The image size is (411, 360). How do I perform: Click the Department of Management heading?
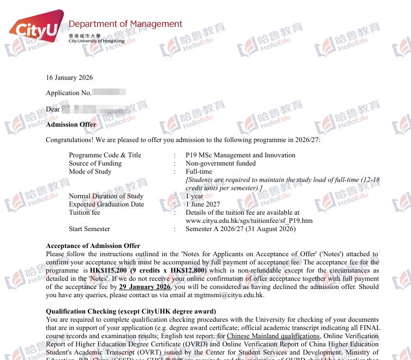pyautogui.click(x=125, y=24)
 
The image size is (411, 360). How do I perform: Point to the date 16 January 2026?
pyautogui.click(x=69, y=78)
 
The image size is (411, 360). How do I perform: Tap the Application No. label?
pyautogui.click(x=68, y=93)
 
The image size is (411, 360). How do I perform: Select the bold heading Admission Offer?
pyautogui.click(x=71, y=125)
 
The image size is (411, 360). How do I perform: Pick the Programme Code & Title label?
pyautogui.click(x=105, y=155)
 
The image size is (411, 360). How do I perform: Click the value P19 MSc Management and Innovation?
pyautogui.click(x=240, y=155)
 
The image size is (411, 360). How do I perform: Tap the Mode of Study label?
pyautogui.click(x=90, y=172)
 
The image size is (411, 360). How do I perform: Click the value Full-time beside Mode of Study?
pyautogui.click(x=199, y=172)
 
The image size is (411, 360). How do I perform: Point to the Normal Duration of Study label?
pyautogui.click(x=106, y=196)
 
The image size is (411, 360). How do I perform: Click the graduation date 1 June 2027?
pyautogui.click(x=203, y=204)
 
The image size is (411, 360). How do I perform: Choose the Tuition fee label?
pyautogui.click(x=85, y=213)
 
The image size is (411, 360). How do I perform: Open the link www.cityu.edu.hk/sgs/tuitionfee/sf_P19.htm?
pyautogui.click(x=249, y=221)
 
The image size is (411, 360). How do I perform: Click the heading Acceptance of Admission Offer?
pyautogui.click(x=93, y=246)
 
